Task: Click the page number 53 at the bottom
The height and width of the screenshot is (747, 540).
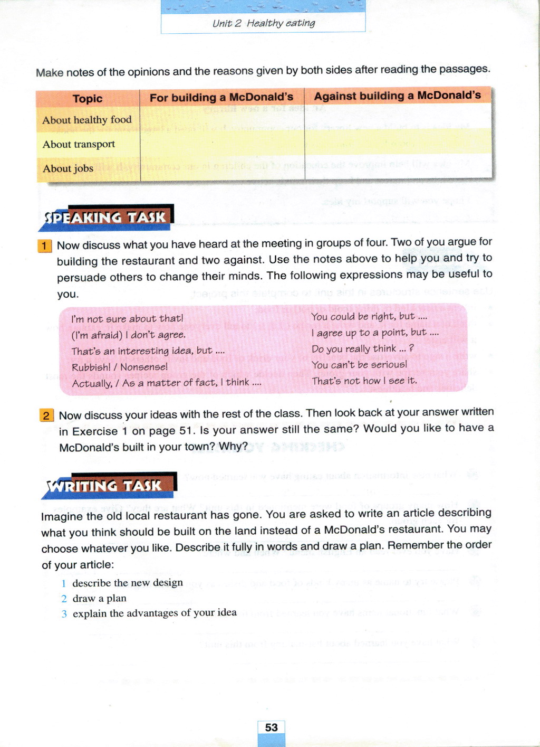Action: [x=271, y=727]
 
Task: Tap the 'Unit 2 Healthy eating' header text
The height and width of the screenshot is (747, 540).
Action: [x=263, y=23]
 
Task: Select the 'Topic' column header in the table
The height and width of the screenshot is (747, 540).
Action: [x=88, y=99]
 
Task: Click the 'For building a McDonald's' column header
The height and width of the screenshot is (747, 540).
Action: [x=221, y=97]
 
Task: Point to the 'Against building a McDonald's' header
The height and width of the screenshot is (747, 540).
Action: [x=397, y=96]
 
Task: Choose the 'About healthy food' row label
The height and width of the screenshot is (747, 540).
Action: [x=87, y=120]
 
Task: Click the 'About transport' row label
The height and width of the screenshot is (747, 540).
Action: [x=79, y=144]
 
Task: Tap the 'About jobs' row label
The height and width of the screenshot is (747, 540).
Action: [x=68, y=168]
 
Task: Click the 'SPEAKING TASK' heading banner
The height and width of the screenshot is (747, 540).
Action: [x=105, y=218]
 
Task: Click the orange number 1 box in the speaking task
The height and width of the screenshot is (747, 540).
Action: [x=45, y=246]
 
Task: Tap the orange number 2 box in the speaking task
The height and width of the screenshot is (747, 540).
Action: [x=46, y=415]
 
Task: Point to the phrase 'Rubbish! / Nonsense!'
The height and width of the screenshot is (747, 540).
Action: [x=120, y=367]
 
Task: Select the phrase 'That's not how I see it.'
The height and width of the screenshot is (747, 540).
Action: [x=364, y=381]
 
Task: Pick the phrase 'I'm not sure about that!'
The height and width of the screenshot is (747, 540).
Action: [x=127, y=319]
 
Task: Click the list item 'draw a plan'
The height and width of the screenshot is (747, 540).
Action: [x=99, y=598]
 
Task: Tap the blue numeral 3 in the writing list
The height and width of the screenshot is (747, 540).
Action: [x=64, y=614]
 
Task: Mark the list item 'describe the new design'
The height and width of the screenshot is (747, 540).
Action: [x=128, y=583]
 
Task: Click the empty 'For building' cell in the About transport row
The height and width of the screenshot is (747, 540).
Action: [x=222, y=143]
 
